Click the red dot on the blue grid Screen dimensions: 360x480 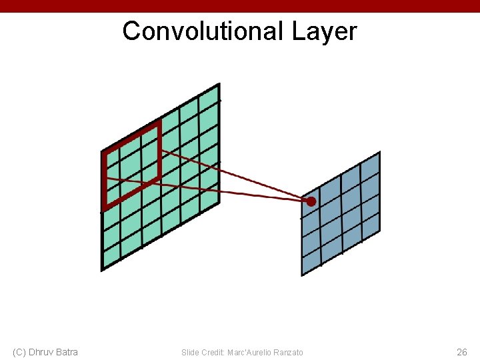click(x=311, y=201)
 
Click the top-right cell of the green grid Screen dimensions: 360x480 click(x=209, y=101)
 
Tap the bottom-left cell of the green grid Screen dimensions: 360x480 click(x=111, y=256)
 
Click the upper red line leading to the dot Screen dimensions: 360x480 click(x=233, y=175)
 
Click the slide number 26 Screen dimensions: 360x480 click(x=461, y=352)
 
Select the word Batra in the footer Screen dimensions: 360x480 click(x=67, y=352)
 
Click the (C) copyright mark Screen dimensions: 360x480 click(x=19, y=352)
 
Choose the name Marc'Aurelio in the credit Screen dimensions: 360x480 click(x=247, y=353)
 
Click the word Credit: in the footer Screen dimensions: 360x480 click(x=211, y=353)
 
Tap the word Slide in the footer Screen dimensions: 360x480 click(x=189, y=353)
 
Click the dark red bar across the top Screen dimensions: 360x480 click(x=240, y=6)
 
